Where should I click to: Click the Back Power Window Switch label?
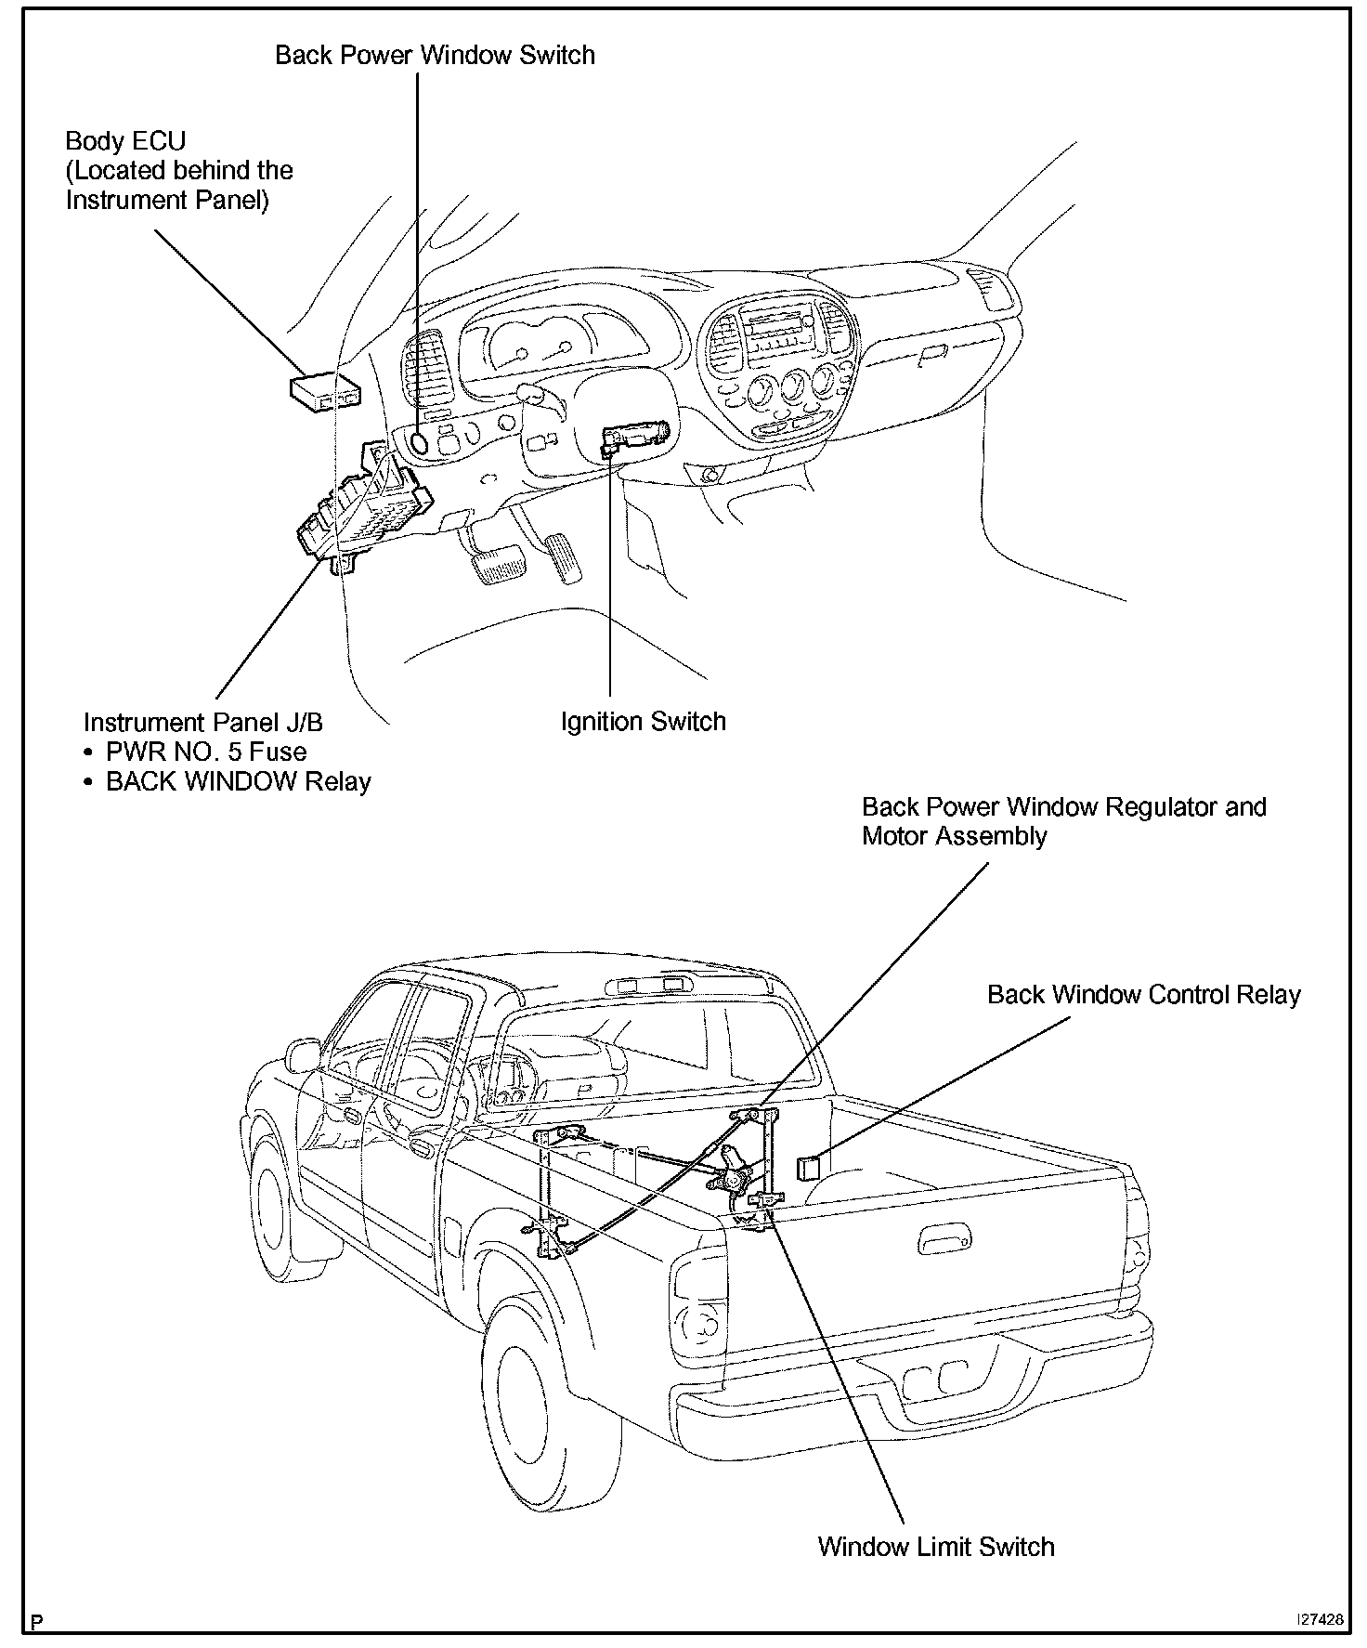click(x=435, y=55)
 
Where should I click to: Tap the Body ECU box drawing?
click(x=323, y=392)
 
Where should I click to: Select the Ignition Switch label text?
click(x=643, y=722)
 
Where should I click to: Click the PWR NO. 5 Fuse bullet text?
click(x=205, y=752)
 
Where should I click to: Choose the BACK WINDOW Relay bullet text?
click(x=238, y=781)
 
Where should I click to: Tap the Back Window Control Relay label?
click(x=1143, y=995)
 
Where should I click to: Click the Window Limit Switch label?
click(x=936, y=1547)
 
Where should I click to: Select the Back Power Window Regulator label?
click(x=1063, y=806)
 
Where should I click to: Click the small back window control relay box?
click(x=809, y=1166)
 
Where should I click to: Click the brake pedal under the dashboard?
click(x=498, y=564)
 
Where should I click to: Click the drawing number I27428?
click(x=1320, y=1618)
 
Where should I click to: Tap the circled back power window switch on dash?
click(x=419, y=442)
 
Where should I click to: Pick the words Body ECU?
click(x=125, y=141)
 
